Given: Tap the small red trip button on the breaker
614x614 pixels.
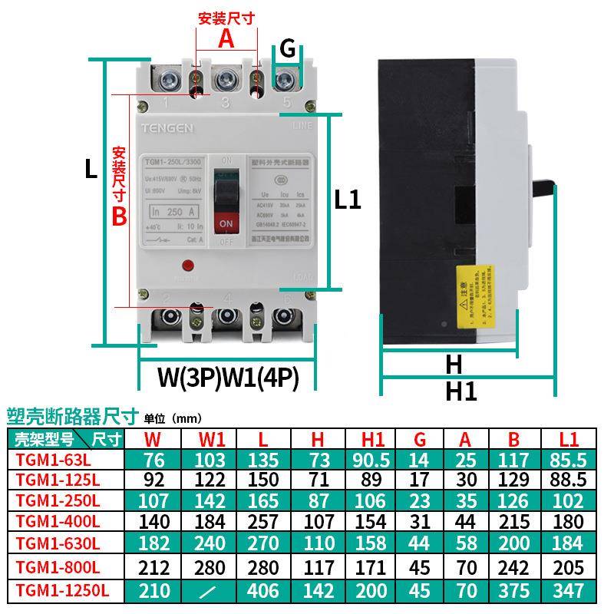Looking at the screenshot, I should [x=187, y=266].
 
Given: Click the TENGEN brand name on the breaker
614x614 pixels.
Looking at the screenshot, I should [x=167, y=127].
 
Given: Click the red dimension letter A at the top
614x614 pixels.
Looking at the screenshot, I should [x=226, y=38].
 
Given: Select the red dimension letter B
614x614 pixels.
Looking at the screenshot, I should [x=119, y=216].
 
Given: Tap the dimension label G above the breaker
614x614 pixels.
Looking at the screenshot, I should [x=287, y=48].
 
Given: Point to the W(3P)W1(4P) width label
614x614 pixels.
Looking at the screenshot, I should [x=227, y=378].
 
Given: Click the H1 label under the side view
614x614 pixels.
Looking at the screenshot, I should [x=461, y=391].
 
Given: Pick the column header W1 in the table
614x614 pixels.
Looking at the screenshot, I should [x=212, y=439].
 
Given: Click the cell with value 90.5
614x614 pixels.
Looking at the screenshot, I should [x=372, y=460].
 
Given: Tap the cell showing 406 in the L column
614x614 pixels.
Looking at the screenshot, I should [x=263, y=592].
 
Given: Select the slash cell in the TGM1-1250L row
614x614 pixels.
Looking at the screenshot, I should [x=212, y=592].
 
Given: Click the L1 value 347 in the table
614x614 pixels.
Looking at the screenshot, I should [x=568, y=592].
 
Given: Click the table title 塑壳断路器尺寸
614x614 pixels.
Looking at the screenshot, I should [x=72, y=416].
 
